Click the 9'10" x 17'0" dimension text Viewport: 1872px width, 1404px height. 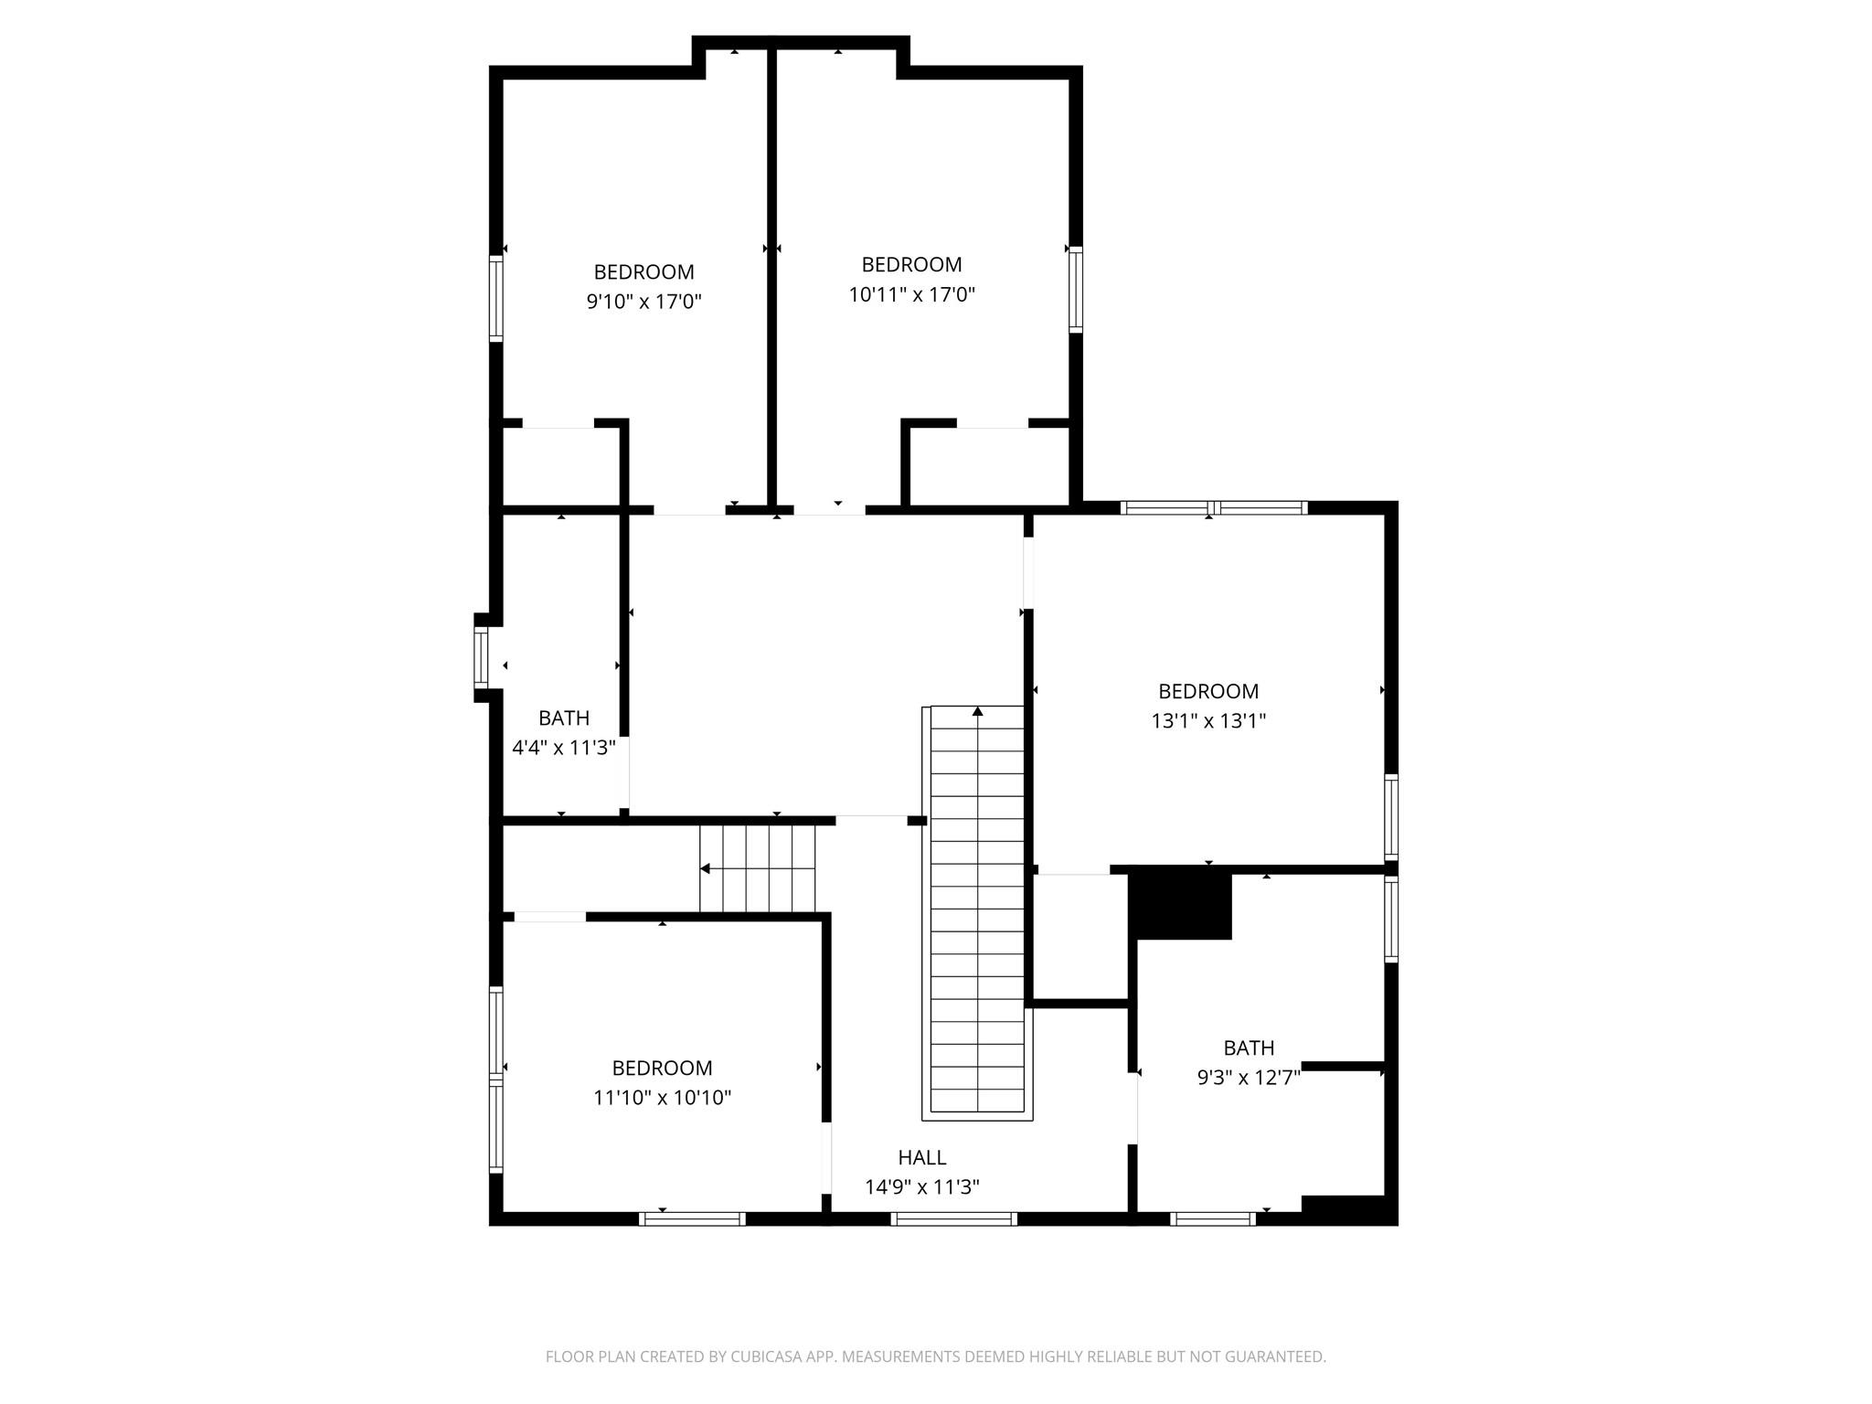coord(643,302)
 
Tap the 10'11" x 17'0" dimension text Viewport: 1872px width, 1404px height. coord(911,294)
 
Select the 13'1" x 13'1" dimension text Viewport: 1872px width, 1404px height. coord(1207,721)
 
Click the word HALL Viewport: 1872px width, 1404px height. coord(921,1158)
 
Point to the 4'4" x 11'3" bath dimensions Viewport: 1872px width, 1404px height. coord(563,748)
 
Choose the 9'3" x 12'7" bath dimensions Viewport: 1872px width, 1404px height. coord(1248,1078)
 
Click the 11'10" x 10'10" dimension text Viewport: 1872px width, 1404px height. coord(662,1098)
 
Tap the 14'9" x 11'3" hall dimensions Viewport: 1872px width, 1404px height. coord(921,1187)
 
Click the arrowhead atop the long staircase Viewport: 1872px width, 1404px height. coord(977,711)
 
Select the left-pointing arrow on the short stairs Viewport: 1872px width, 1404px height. coord(705,868)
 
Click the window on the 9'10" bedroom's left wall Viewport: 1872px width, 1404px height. coord(495,298)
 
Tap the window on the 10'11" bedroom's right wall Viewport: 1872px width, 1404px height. coord(1076,289)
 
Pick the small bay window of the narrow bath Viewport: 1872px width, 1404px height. coord(481,657)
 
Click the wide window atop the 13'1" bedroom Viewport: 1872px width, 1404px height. coord(1213,508)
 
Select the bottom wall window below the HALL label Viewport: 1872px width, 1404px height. coord(953,1218)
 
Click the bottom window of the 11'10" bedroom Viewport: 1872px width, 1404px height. coord(692,1218)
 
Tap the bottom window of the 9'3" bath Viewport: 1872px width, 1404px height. coord(1212,1218)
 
